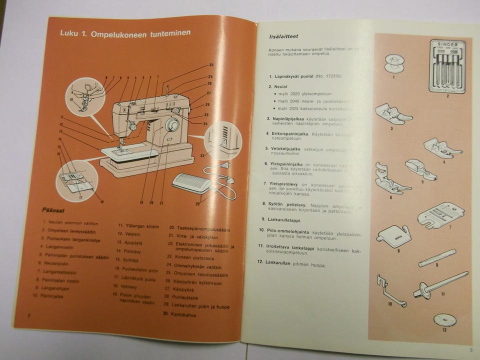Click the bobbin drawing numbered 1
[394, 63]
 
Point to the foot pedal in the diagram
[192, 183]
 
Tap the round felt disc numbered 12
[444, 320]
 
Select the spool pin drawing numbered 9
[437, 257]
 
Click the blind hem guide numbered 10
[390, 290]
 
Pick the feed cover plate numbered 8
[394, 235]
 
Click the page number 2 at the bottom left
[29, 315]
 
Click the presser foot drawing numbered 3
[392, 114]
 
